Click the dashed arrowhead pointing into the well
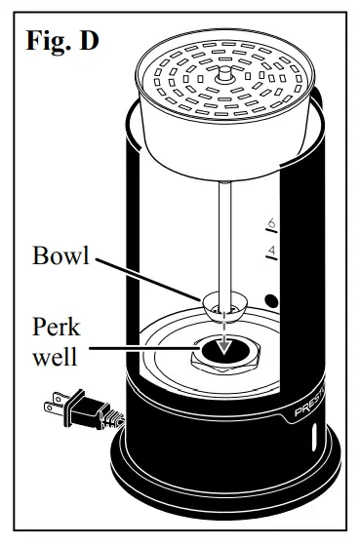(x=224, y=342)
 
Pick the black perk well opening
(x=223, y=352)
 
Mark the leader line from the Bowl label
(x=146, y=279)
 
